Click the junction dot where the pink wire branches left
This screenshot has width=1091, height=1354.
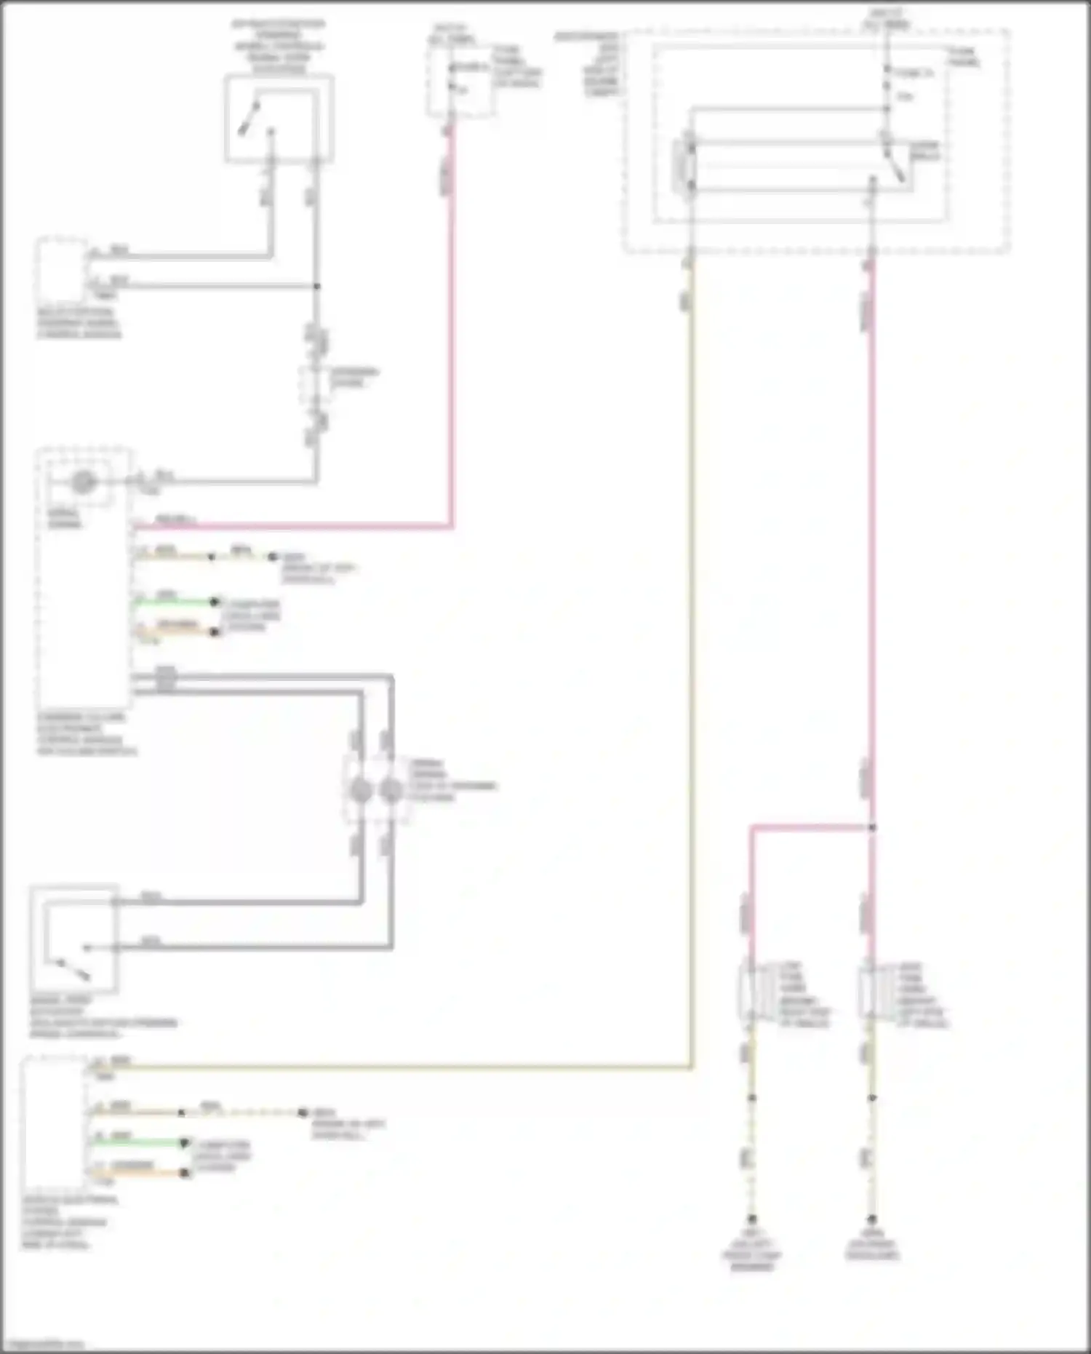point(872,827)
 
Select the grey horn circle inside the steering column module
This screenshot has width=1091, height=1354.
point(84,482)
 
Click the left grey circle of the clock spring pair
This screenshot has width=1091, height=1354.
point(361,791)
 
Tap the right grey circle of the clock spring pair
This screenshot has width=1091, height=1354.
point(391,791)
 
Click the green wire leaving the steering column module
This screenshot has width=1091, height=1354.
point(175,602)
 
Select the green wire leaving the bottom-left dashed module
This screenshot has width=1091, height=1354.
point(138,1142)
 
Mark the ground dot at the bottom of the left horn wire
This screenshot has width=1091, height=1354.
point(752,1219)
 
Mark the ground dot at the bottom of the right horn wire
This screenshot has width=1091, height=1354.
point(871,1219)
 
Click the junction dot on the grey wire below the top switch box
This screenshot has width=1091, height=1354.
point(316,286)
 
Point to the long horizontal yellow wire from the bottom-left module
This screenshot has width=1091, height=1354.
point(400,1068)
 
